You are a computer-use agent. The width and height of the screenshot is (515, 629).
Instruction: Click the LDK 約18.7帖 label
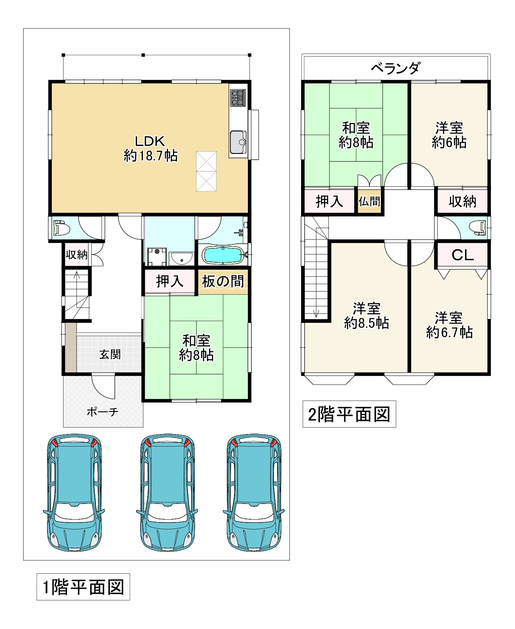coord(150,149)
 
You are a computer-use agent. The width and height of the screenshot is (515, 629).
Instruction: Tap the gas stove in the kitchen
coord(238,97)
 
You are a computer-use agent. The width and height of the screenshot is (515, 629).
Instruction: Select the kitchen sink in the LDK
coord(238,142)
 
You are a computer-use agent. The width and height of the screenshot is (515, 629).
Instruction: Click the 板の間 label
coord(223,282)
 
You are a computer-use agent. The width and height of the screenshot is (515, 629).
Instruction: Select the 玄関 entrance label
coord(110,354)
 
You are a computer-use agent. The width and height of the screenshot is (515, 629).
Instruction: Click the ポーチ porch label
coord(102,412)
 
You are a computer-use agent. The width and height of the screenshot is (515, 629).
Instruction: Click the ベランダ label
coord(396,68)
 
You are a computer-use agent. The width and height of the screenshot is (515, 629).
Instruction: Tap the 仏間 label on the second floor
coord(369,202)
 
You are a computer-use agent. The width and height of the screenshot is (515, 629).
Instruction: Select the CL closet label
coord(462,255)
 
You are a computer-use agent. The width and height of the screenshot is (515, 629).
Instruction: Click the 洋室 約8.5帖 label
coord(366,316)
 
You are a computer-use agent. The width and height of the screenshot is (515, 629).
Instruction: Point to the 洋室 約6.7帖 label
coord(449,325)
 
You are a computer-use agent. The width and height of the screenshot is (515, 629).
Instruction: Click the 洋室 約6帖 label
coord(449,135)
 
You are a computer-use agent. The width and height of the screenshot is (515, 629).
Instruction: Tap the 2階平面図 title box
coord(349,414)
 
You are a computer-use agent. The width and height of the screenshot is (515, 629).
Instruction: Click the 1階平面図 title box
coord(83,587)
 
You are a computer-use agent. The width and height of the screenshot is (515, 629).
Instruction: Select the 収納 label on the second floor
coord(462,202)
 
